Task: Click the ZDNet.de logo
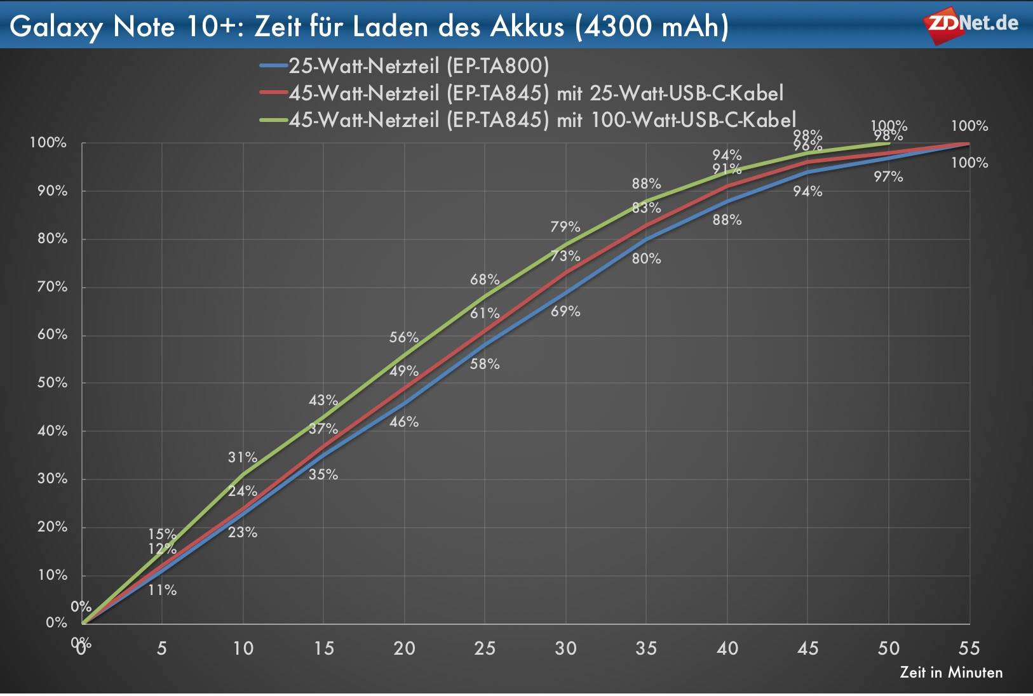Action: tap(971, 25)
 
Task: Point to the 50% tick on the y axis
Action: tap(52, 382)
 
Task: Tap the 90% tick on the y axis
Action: tap(52, 191)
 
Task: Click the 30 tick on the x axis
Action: tap(565, 648)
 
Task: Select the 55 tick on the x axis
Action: tap(969, 648)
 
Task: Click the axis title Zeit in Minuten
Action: tap(951, 673)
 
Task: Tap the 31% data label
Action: tap(243, 457)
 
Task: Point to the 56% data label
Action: tap(404, 337)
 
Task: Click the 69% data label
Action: tap(565, 311)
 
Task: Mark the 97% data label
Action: tap(888, 177)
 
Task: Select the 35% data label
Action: tap(323, 474)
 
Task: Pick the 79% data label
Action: tap(565, 227)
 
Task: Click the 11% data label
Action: tap(162, 590)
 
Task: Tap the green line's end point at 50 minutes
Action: tap(888, 144)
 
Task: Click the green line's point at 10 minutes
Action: tap(243, 474)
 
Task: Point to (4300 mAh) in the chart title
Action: tap(651, 27)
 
